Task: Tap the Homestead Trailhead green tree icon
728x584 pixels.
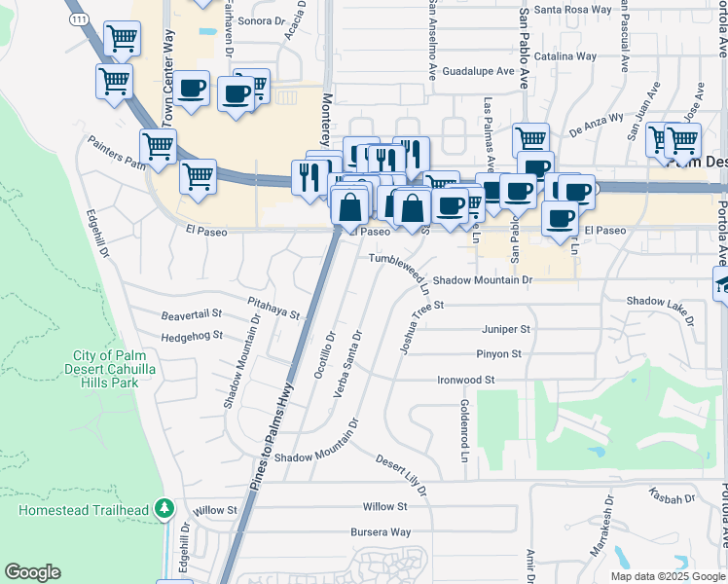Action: (x=165, y=508)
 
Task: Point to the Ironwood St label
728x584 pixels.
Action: (x=466, y=380)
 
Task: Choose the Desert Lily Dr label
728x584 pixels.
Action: (x=403, y=476)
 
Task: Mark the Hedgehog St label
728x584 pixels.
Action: (x=192, y=336)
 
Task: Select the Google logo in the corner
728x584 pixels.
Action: (x=32, y=572)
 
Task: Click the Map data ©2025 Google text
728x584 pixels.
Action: (x=668, y=576)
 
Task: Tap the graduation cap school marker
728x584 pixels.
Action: (x=721, y=284)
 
